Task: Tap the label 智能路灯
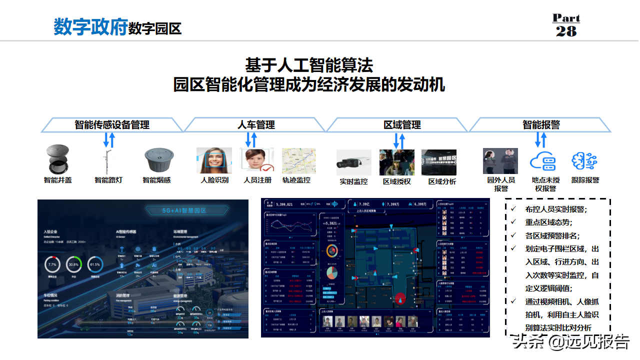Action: [x=108, y=180]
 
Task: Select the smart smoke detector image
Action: [x=157, y=160]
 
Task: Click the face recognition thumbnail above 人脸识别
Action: [x=214, y=160]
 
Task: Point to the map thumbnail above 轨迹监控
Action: [x=299, y=160]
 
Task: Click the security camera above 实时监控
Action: [x=353, y=162]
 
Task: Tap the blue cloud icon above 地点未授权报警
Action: [x=543, y=161]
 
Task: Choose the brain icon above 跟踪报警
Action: [x=585, y=161]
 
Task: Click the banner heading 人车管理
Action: [x=256, y=125]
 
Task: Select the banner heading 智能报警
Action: [x=541, y=125]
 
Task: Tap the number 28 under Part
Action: [x=566, y=31]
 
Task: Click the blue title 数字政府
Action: [x=90, y=27]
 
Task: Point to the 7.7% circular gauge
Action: [x=52, y=264]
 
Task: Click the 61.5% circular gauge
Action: [x=95, y=264]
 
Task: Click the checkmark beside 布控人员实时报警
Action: [x=514, y=208]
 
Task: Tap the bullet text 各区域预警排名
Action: [x=548, y=235]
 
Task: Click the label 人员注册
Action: [x=257, y=180]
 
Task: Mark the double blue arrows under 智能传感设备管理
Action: [x=108, y=139]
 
